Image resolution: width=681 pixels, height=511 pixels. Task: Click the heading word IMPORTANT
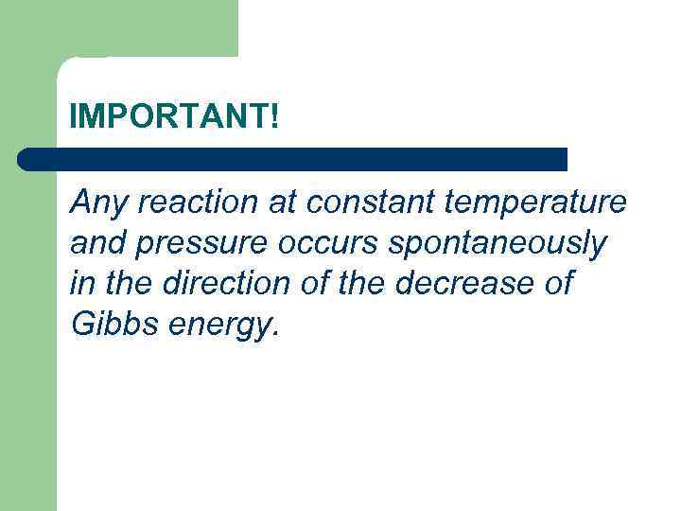tap(169, 117)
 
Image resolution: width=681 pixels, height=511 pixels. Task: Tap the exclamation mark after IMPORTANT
tap(274, 117)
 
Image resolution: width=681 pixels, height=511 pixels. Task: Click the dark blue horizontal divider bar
tap(293, 159)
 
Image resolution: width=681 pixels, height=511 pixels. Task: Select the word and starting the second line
tap(96, 243)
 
